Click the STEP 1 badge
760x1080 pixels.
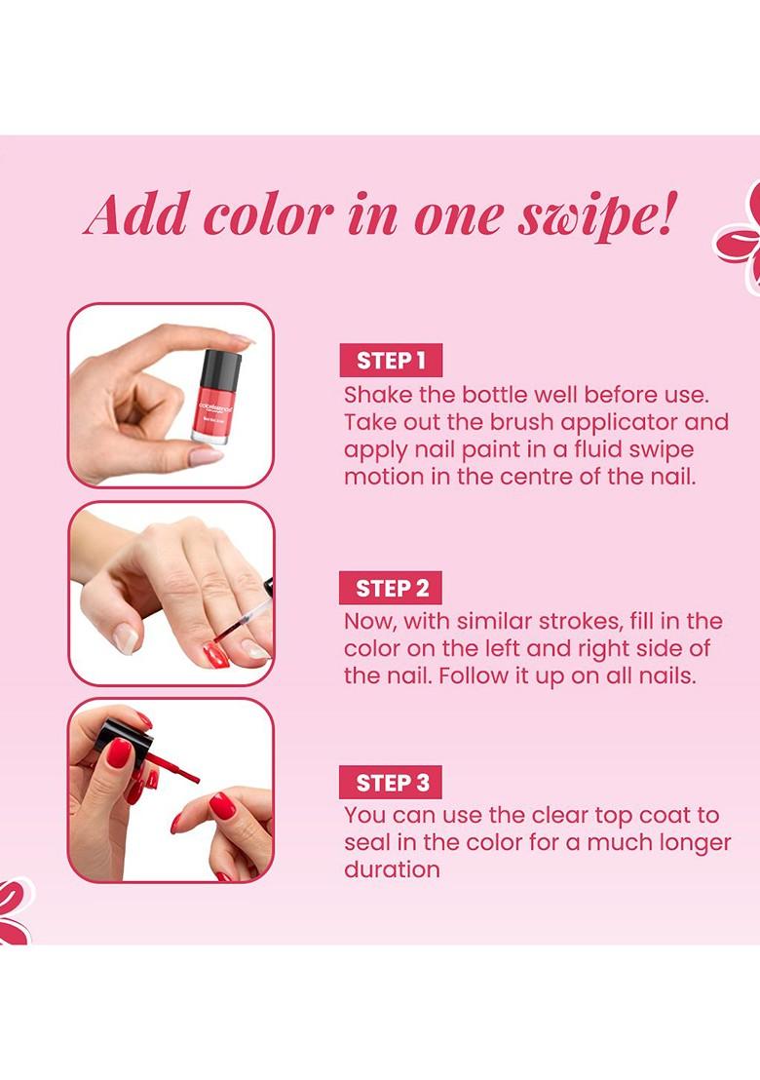click(x=391, y=361)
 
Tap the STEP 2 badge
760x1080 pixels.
click(x=391, y=588)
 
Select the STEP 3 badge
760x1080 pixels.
click(x=391, y=782)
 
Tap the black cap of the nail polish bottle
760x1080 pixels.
click(x=220, y=371)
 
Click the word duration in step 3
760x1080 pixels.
click(x=392, y=869)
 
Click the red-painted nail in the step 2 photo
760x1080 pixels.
click(x=215, y=653)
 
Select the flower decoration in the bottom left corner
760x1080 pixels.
click(x=14, y=912)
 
